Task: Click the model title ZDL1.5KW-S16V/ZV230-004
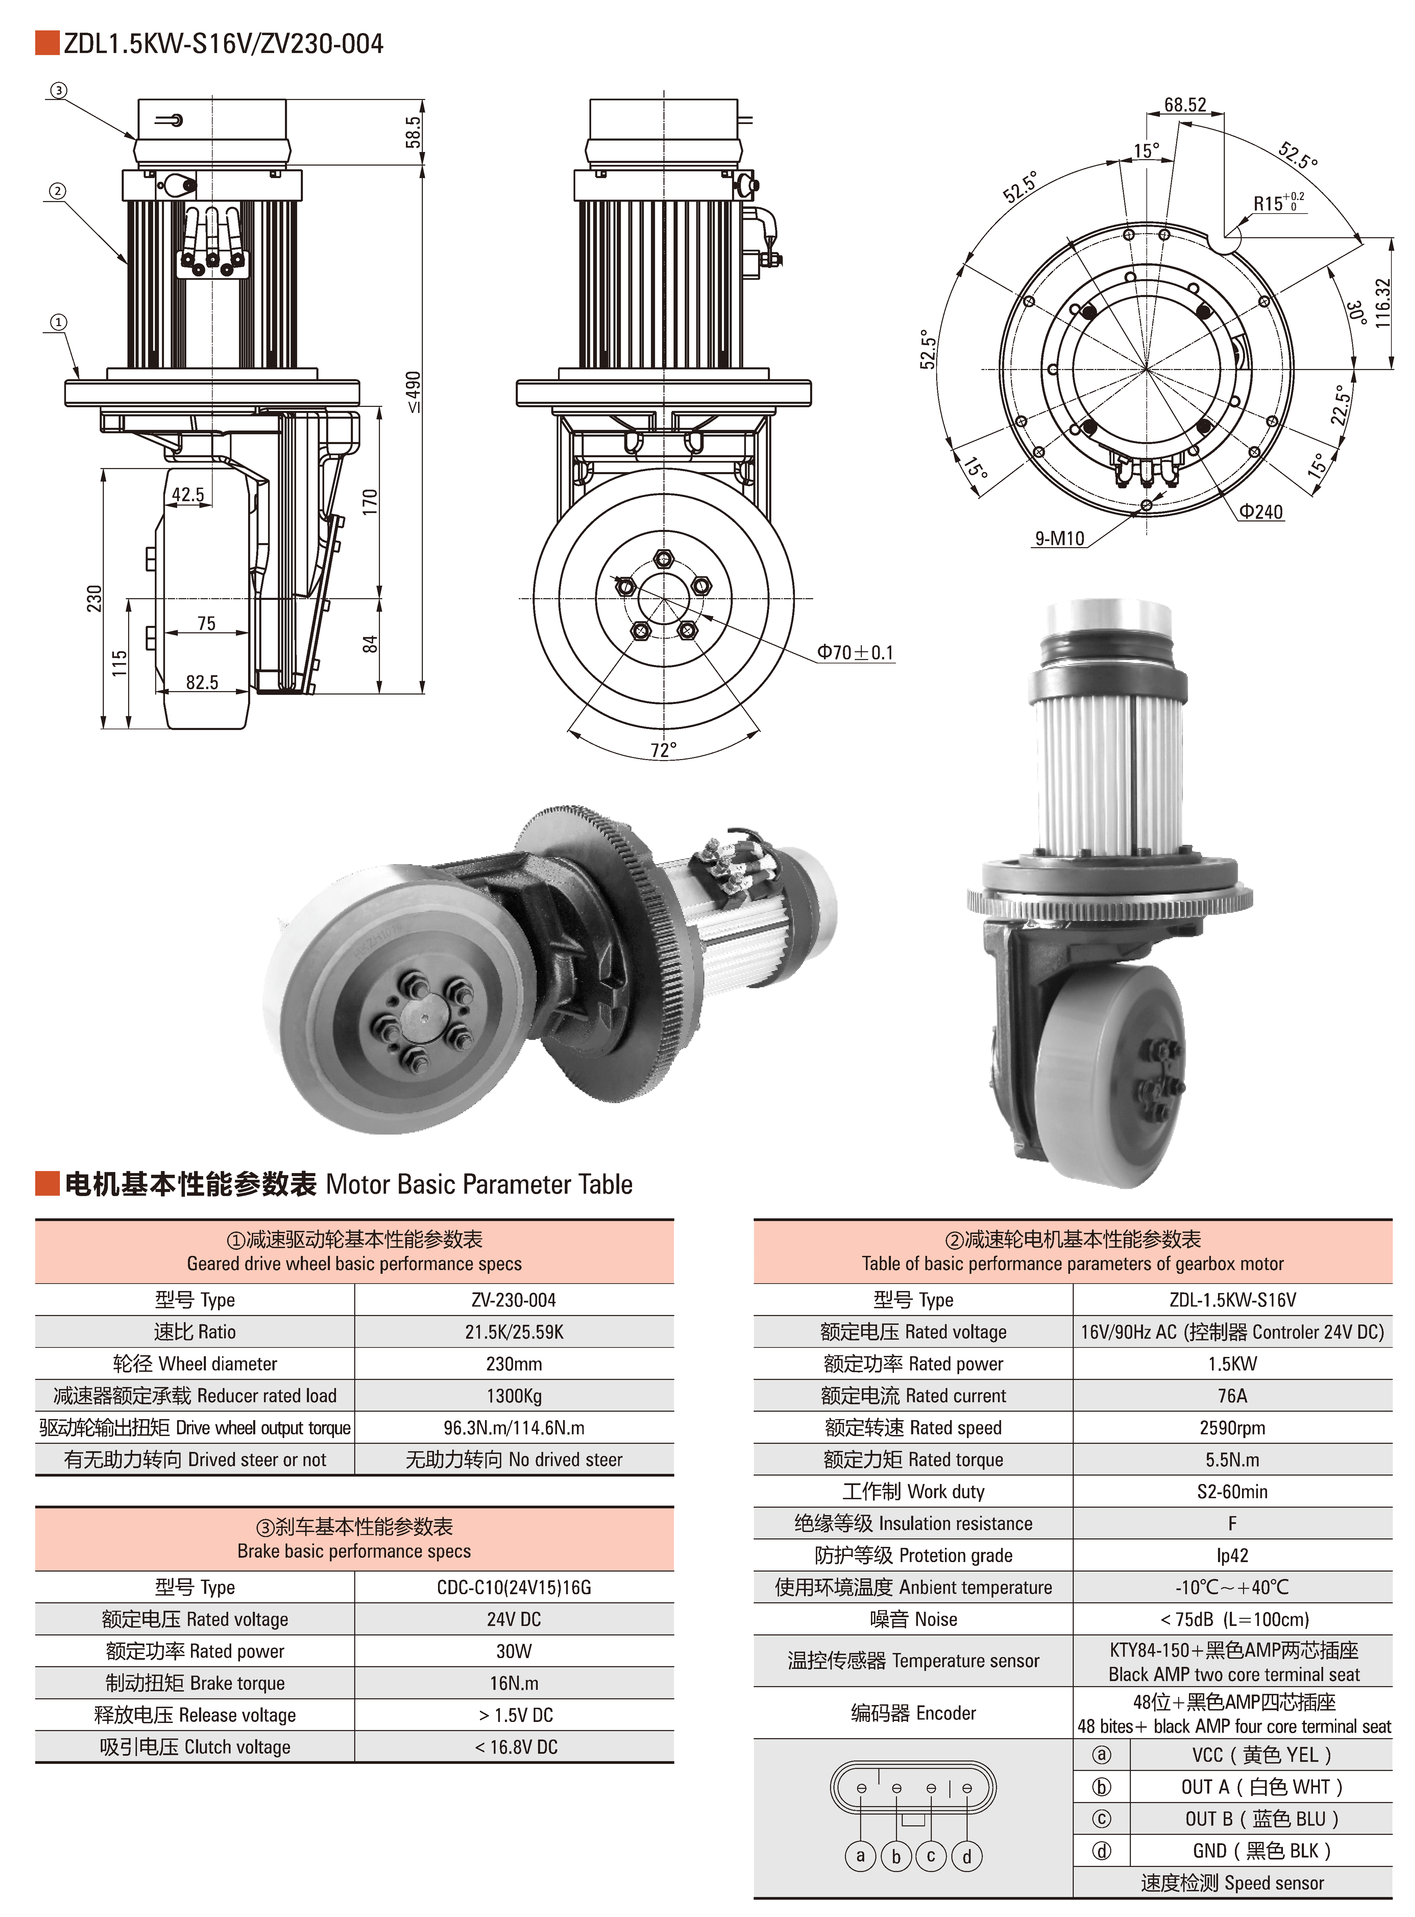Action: point(224,44)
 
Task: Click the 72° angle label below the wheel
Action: point(663,750)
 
